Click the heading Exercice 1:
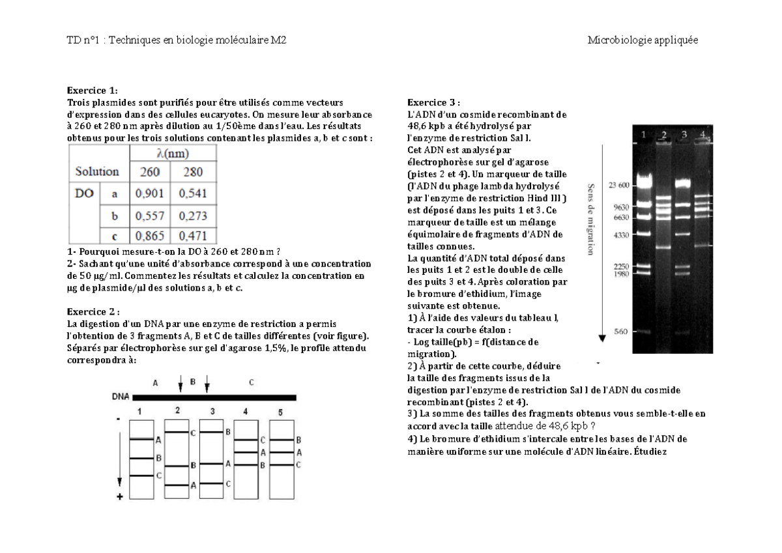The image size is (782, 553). (x=93, y=91)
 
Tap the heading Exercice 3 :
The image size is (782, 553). (x=433, y=102)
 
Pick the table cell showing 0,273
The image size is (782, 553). (x=193, y=214)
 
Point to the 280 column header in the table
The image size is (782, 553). (x=193, y=173)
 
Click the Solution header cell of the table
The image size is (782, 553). (x=97, y=172)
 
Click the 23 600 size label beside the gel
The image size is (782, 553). (x=619, y=186)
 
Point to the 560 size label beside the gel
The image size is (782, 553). (x=622, y=332)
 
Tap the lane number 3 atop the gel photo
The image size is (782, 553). (x=684, y=134)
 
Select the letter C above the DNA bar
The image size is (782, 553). (x=251, y=383)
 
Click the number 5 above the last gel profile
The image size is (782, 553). (x=280, y=412)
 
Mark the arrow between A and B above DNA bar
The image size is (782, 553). (x=181, y=384)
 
